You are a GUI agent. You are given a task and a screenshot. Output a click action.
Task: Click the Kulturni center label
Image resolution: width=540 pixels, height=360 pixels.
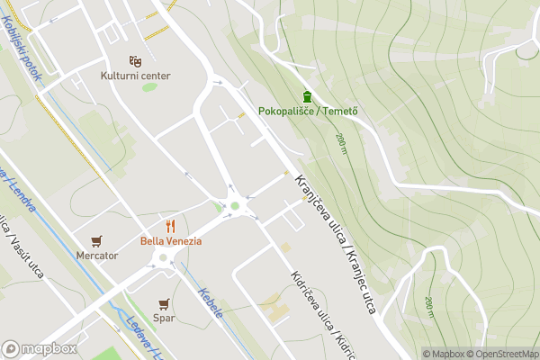[135, 76]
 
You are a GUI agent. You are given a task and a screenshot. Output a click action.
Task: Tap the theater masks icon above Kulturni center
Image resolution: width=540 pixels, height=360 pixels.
[135, 60]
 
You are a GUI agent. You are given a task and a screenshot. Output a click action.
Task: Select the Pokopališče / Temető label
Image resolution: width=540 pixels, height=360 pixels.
[309, 111]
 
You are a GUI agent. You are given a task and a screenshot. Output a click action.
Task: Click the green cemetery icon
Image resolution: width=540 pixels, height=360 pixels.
[308, 96]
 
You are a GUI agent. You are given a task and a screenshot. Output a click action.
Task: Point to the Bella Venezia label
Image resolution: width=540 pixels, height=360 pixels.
[170, 241]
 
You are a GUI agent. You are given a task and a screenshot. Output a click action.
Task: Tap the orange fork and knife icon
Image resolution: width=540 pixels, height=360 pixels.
[170, 226]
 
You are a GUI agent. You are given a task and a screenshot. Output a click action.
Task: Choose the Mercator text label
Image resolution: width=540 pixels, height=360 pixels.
[97, 256]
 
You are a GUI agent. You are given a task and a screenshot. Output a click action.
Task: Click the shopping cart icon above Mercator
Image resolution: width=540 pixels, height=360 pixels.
[97, 240]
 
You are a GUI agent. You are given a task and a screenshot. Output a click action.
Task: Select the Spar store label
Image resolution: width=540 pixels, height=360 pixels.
[163, 318]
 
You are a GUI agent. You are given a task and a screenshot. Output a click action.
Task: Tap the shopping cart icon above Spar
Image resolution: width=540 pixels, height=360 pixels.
[163, 303]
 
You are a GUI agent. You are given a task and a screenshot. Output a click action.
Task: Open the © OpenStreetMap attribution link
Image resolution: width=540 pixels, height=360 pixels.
[505, 354]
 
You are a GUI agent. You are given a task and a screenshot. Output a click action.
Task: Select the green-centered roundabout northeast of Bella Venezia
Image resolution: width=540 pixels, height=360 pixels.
[234, 206]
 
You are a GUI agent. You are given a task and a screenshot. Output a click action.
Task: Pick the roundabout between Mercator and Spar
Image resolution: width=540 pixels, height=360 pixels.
[163, 261]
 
